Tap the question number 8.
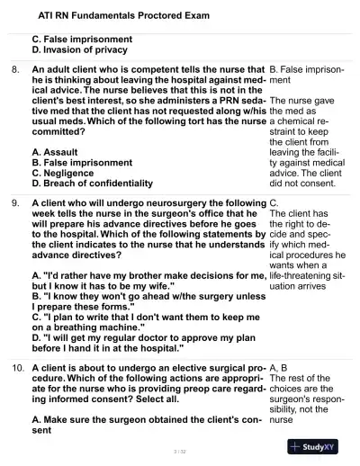point(15,67)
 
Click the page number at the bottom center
point(180,448)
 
